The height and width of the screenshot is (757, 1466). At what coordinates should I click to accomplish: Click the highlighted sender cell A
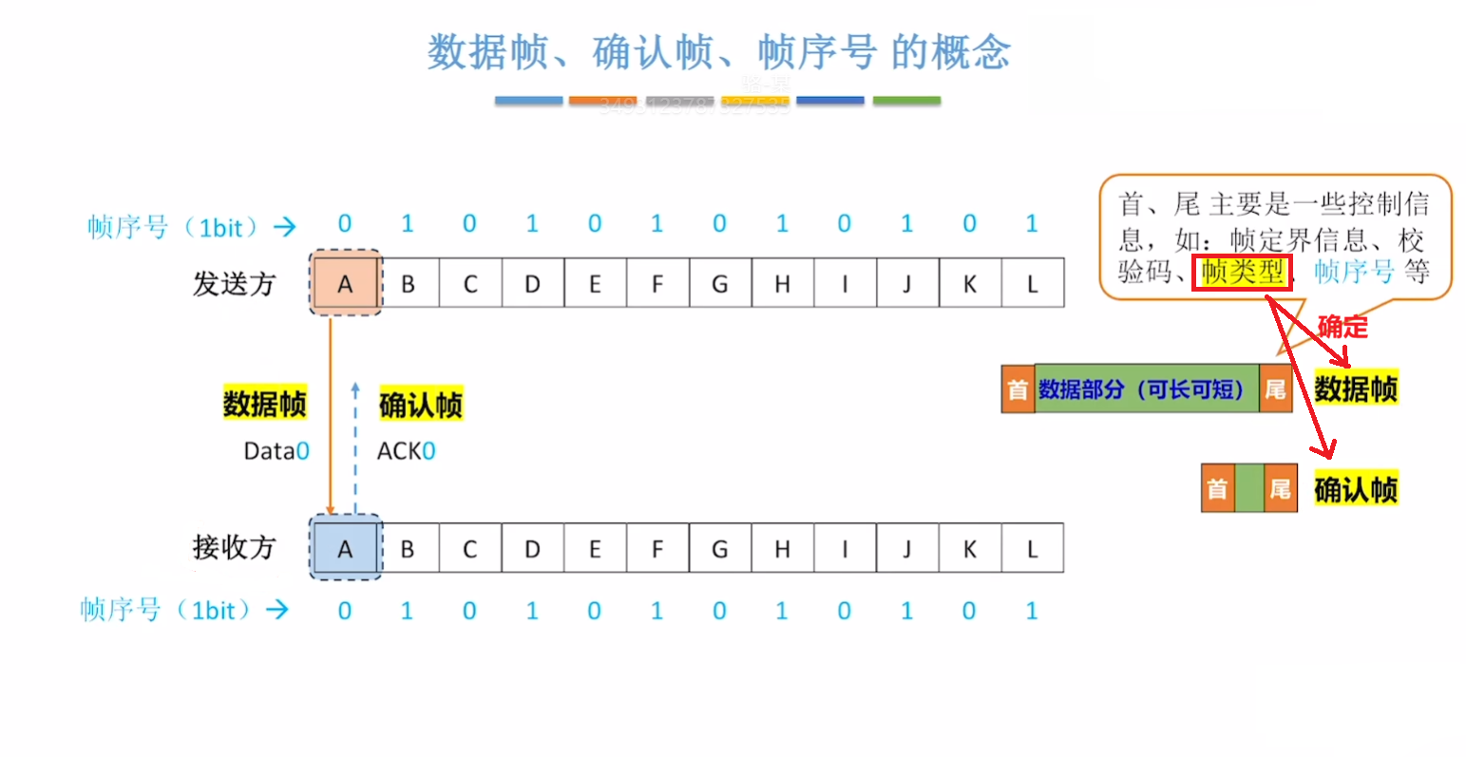[345, 283]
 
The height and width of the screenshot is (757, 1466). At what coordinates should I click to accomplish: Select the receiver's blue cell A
[345, 548]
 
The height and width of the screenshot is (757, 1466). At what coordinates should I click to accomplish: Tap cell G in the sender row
[719, 283]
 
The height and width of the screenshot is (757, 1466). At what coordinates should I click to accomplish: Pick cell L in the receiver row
[1032, 548]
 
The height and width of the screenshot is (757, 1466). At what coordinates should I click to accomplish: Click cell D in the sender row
[532, 283]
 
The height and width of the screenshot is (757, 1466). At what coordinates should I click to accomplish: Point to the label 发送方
[234, 283]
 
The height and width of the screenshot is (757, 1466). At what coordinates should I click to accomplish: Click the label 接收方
[234, 547]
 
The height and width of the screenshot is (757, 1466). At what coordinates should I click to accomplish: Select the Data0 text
[276, 451]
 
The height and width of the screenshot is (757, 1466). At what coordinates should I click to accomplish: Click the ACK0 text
[406, 451]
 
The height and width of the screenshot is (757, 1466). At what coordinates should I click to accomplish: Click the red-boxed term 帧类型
[1242, 273]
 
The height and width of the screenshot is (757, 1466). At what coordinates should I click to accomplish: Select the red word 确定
[1342, 327]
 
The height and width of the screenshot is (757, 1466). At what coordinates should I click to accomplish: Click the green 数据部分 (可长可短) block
[1146, 388]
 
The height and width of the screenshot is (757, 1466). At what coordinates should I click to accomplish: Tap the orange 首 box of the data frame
[1018, 388]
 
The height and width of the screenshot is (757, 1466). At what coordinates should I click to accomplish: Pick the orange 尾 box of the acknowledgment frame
[1280, 489]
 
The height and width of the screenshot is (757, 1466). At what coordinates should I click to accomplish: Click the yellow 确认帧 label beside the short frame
[1356, 490]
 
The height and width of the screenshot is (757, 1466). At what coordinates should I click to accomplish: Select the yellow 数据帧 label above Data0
[264, 404]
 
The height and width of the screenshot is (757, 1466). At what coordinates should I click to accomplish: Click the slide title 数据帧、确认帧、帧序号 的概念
[719, 52]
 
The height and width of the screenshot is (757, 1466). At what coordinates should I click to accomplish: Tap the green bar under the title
[906, 100]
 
